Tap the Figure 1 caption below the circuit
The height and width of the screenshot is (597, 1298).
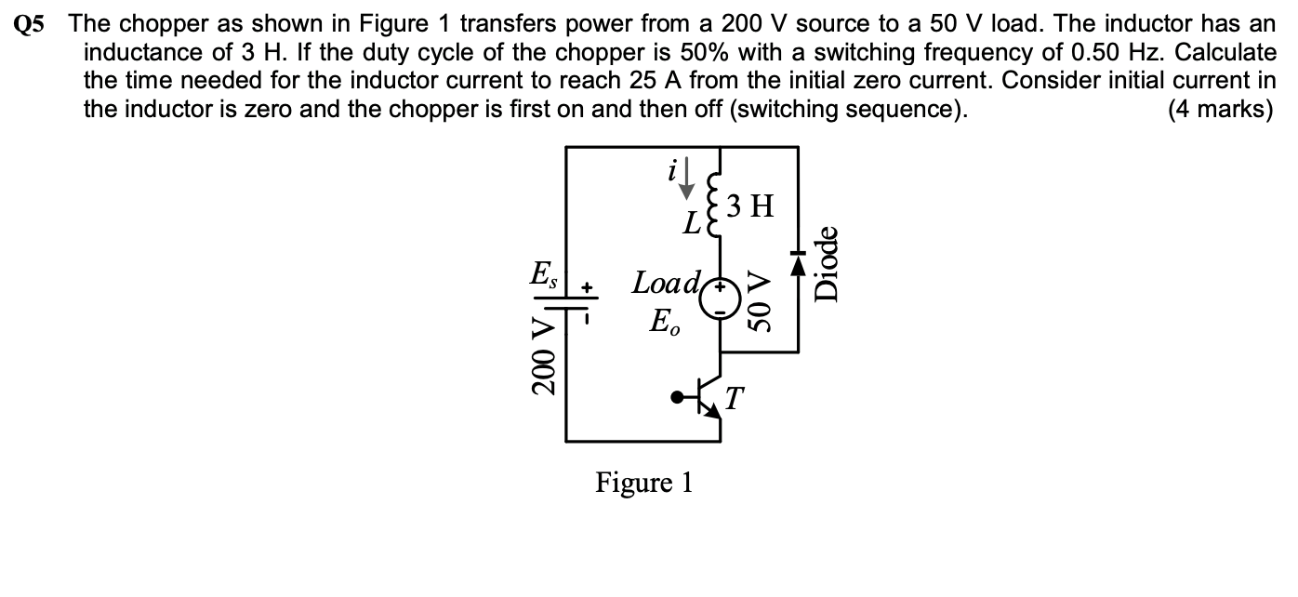point(644,483)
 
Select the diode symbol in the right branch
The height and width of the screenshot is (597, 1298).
point(797,265)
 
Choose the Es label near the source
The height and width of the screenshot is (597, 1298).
point(540,275)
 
